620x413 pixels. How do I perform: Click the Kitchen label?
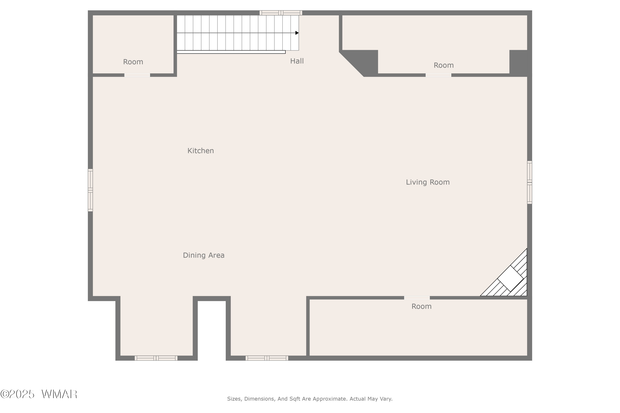[201, 151]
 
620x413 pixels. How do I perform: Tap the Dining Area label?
[204, 255]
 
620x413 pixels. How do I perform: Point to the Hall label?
[297, 61]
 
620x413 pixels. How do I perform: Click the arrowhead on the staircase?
[297, 33]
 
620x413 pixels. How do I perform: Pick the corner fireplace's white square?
[510, 278]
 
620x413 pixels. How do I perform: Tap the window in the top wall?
[281, 13]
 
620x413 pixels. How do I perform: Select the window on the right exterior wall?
[529, 182]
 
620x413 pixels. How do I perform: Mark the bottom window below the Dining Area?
[156, 358]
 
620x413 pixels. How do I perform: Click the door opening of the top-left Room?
[137, 75]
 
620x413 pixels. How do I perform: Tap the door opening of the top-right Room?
[438, 75]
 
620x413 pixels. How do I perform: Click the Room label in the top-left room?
[133, 62]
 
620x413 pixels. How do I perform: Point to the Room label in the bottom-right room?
[422, 306]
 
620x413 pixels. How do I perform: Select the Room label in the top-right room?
[444, 65]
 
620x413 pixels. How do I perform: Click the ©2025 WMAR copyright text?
[39, 394]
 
